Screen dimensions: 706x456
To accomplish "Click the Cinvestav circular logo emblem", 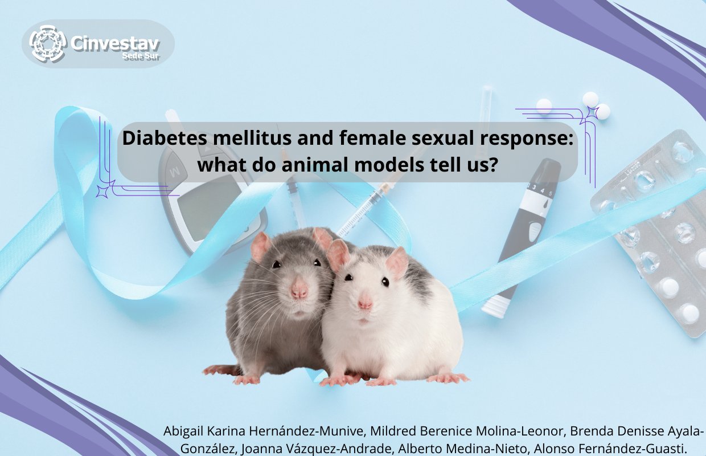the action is [48, 43].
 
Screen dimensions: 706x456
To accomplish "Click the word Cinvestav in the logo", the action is [116, 43].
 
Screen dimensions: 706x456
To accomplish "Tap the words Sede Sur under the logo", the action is [141, 56].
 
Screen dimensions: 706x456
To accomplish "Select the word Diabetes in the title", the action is [164, 138].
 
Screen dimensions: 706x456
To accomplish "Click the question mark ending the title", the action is [494, 165].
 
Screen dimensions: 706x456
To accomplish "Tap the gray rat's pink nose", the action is [299, 289].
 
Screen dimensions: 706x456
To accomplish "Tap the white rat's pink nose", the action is [365, 302].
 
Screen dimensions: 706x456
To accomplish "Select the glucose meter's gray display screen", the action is [210, 207].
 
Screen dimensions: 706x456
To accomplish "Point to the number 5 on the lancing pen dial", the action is [551, 193].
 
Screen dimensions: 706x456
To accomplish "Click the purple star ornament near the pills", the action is [592, 113].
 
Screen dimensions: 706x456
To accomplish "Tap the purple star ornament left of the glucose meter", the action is [102, 192].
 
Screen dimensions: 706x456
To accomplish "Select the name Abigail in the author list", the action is [183, 431].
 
